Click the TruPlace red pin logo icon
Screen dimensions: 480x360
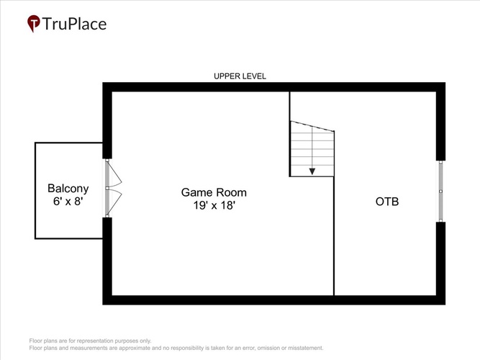point(33,23)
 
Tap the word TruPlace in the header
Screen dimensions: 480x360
point(74,24)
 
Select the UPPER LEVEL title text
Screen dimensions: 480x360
point(240,76)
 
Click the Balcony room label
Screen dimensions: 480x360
point(68,189)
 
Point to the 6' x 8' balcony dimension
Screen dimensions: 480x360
point(68,202)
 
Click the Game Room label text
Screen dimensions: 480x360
point(214,192)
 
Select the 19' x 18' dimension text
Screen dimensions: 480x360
point(214,205)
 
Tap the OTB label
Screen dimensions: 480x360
point(387,202)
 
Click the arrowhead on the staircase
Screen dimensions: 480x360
point(312,171)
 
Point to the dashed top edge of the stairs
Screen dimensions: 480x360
point(312,126)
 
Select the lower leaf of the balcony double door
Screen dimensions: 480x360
point(114,202)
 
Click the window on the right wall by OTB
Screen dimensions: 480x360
point(440,191)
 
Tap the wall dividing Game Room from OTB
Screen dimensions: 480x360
point(334,236)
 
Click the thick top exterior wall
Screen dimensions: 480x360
point(273,87)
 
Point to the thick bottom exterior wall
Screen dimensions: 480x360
point(273,300)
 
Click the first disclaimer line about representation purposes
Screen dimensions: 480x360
point(90,341)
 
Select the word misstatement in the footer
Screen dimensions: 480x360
point(305,348)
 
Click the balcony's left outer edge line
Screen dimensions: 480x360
point(35,191)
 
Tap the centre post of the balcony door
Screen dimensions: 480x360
point(107,188)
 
